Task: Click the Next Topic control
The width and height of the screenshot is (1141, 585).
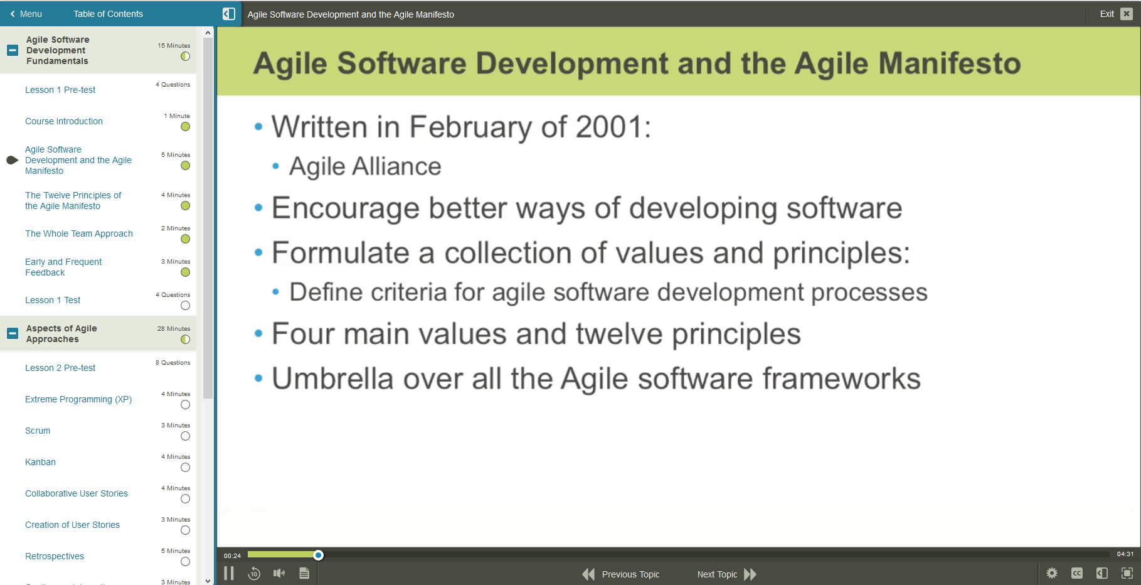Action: tap(726, 574)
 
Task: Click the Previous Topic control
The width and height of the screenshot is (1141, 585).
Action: tap(621, 574)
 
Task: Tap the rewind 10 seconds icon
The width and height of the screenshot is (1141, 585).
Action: tap(254, 574)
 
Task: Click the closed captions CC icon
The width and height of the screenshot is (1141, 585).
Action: tap(1077, 573)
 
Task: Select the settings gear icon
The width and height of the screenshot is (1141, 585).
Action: tap(1052, 573)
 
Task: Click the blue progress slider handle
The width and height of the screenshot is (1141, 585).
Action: tap(319, 555)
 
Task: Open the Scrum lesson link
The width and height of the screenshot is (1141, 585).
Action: tap(38, 431)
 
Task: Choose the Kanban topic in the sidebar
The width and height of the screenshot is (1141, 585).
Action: tap(40, 462)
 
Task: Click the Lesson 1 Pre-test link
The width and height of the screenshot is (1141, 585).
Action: tap(60, 90)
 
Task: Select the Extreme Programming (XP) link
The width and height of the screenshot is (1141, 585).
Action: tap(78, 399)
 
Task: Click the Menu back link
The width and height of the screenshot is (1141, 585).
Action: tap(26, 14)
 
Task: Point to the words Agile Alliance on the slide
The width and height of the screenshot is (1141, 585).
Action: tap(365, 167)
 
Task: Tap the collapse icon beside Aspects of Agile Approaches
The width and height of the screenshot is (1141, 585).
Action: tap(13, 333)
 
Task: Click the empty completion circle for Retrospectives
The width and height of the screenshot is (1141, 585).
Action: tap(185, 562)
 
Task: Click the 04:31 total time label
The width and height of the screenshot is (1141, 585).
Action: tap(1125, 554)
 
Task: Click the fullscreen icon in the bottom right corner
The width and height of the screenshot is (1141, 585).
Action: tap(1127, 573)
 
